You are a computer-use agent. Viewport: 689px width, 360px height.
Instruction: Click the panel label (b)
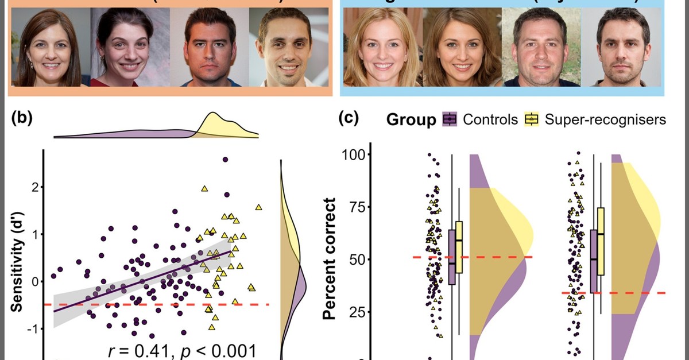pyautogui.click(x=22, y=120)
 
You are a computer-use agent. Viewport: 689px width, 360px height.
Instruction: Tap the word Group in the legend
pyautogui.click(x=412, y=119)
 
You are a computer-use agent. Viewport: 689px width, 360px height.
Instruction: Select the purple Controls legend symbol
pyautogui.click(x=450, y=119)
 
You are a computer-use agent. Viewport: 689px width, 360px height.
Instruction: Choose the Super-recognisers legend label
pyautogui.click(x=605, y=119)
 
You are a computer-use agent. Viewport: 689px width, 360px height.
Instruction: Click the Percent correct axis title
pyautogui.click(x=329, y=258)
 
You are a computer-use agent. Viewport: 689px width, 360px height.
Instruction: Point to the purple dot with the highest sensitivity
pyautogui.click(x=225, y=160)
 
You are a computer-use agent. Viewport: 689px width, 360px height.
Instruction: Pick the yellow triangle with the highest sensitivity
pyautogui.click(x=204, y=189)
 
